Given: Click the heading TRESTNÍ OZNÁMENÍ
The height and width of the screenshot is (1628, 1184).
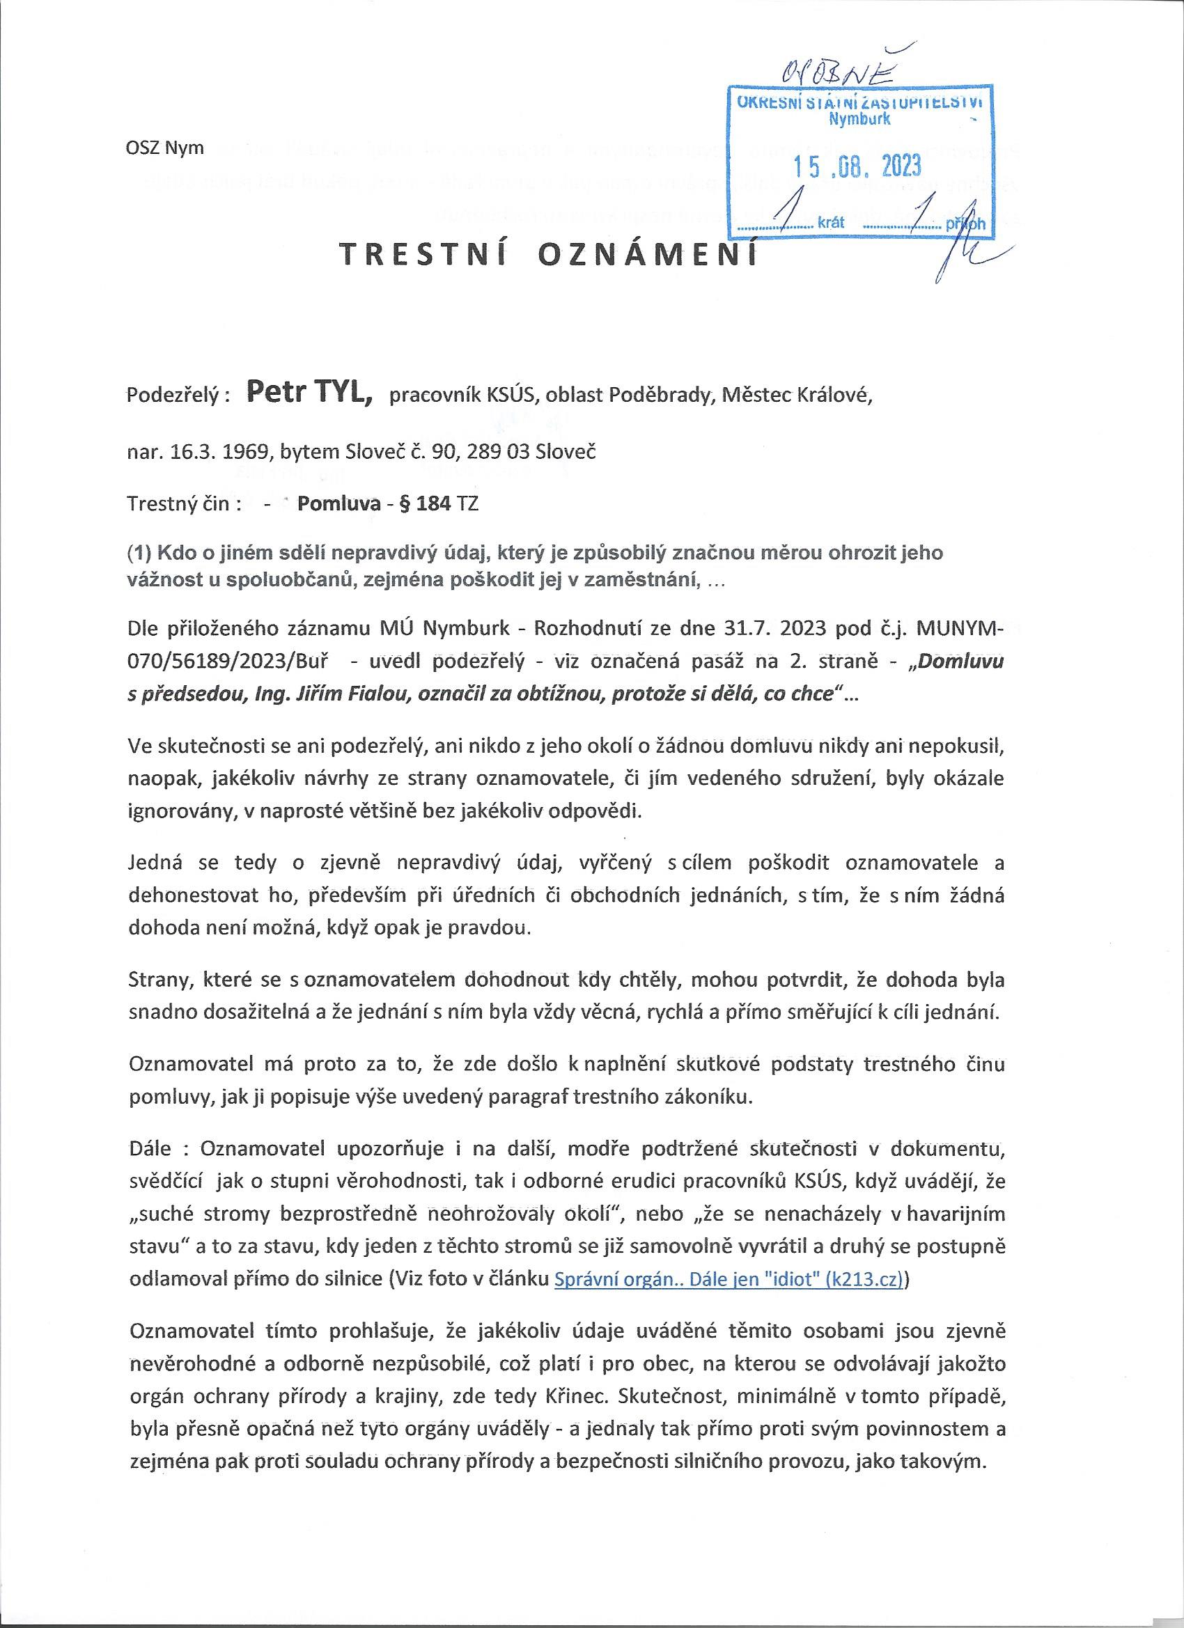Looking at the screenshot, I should pos(548,256).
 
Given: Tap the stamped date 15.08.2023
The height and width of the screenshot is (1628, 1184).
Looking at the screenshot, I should pos(856,166).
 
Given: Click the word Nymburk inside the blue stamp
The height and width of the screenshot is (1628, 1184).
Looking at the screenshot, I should pos(859,120).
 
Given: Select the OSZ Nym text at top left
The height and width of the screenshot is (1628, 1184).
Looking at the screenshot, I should pos(164,148).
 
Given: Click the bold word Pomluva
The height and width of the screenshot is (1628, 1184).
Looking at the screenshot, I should pos(339,503).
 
